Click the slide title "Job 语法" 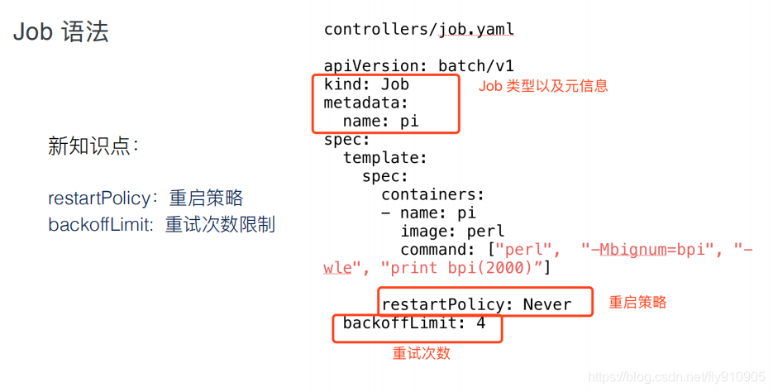pyautogui.click(x=61, y=33)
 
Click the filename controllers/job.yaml pyautogui.click(x=418, y=30)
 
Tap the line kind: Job pyautogui.click(x=366, y=84)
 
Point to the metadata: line pyautogui.click(x=366, y=103)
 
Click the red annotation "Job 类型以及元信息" pyautogui.click(x=543, y=86)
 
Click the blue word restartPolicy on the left pyautogui.click(x=99, y=198)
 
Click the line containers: pyautogui.click(x=432, y=194)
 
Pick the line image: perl pyautogui.click(x=452, y=231)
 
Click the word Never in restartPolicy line pyautogui.click(x=546, y=304)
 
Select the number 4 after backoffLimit pyautogui.click(x=481, y=323)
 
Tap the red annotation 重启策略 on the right pyautogui.click(x=637, y=303)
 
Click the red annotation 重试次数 pyautogui.click(x=421, y=353)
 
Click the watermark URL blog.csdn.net pyautogui.click(x=654, y=377)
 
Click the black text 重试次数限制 pyautogui.click(x=220, y=224)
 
